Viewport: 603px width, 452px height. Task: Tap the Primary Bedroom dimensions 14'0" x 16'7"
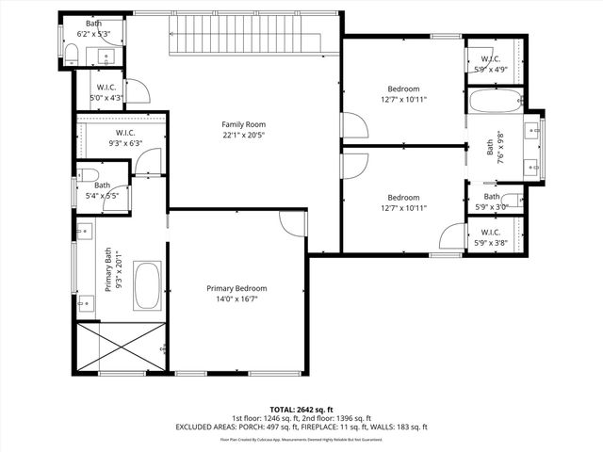point(236,299)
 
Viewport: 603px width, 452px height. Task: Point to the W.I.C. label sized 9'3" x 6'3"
point(128,133)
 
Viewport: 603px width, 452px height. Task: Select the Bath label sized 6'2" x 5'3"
point(94,23)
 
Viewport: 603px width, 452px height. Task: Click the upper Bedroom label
point(403,88)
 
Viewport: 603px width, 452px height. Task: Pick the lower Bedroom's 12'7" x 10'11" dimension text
point(403,208)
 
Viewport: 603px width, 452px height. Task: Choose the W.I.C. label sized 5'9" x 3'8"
point(490,232)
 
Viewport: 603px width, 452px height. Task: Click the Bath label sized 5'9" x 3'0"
point(492,196)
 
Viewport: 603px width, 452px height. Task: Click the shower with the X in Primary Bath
point(122,347)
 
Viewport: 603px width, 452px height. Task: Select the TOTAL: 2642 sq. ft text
point(301,408)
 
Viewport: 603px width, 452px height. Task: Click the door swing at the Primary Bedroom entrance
point(293,223)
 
